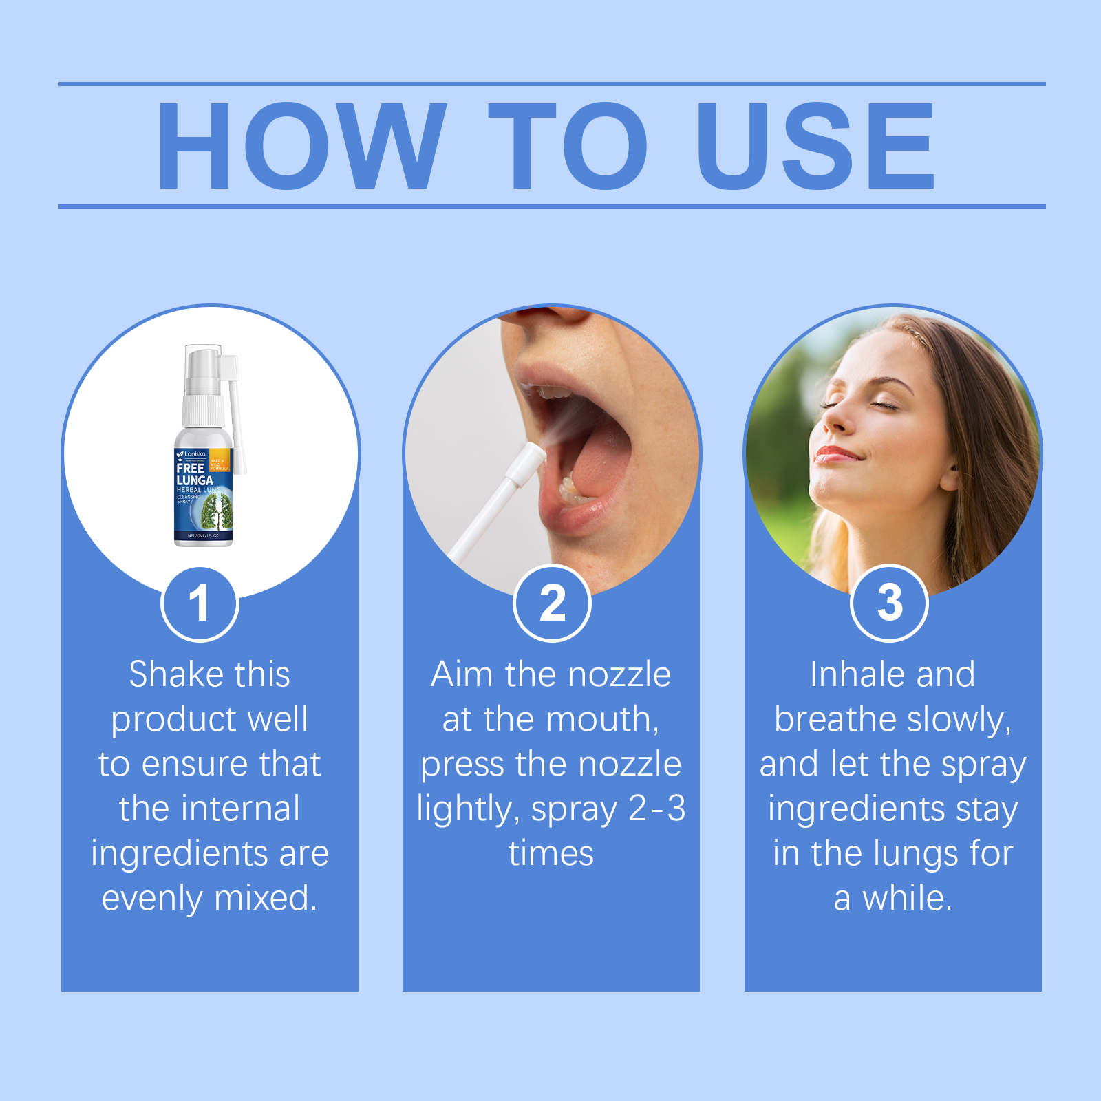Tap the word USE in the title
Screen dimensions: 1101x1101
click(x=815, y=146)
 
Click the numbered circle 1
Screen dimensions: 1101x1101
click(x=200, y=603)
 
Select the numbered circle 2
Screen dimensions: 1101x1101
click(x=552, y=603)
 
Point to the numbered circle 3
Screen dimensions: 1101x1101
click(x=889, y=603)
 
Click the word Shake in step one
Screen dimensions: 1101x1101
click(x=170, y=674)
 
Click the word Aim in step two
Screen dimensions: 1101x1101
click(x=462, y=674)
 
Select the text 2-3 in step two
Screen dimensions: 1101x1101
click(x=656, y=809)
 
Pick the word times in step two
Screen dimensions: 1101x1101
click(x=550, y=853)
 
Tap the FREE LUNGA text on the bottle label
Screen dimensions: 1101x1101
click(x=193, y=474)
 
